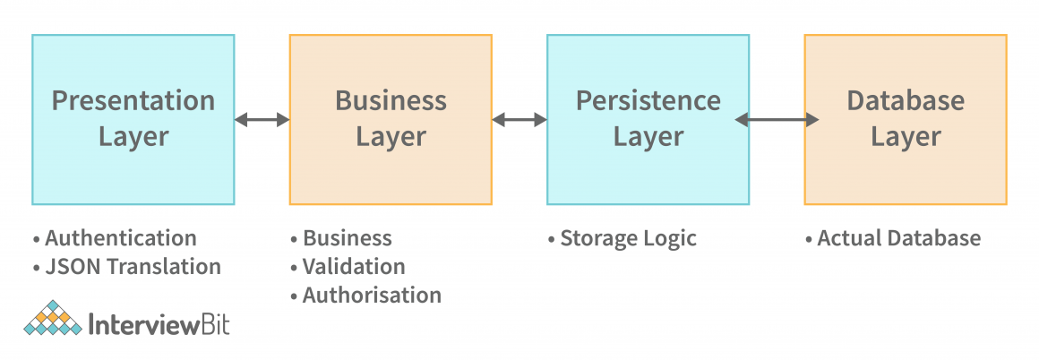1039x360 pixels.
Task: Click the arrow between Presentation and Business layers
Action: (x=262, y=119)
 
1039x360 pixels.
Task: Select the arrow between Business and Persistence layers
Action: (x=519, y=119)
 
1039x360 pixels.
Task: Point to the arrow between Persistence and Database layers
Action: (x=777, y=119)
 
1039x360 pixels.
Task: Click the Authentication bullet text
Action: (x=120, y=238)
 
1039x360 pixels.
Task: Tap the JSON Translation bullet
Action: (x=132, y=266)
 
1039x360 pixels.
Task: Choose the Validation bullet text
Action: (x=353, y=266)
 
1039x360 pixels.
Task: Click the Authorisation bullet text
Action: (x=372, y=295)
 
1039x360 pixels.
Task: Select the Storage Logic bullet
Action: (x=628, y=238)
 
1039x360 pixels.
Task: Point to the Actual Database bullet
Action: (x=898, y=238)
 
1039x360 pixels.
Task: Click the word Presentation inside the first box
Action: (x=133, y=100)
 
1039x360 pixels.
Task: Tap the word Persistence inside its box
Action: (x=648, y=100)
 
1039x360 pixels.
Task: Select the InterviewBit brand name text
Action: (x=160, y=323)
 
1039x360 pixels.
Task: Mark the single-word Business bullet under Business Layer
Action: (x=347, y=238)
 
